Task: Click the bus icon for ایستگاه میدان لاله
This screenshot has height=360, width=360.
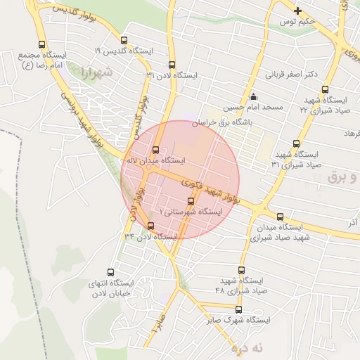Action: tap(155, 150)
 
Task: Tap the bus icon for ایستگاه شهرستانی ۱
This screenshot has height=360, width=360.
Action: tap(191, 201)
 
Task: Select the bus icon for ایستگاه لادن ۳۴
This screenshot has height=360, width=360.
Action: tap(150, 226)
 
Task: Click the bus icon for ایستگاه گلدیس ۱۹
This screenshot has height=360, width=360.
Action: tap(124, 41)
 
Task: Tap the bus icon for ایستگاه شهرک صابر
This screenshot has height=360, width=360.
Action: tap(238, 309)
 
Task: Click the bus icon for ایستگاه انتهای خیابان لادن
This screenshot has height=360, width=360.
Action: tap(110, 272)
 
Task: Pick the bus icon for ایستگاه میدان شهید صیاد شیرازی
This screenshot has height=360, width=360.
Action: tap(281, 217)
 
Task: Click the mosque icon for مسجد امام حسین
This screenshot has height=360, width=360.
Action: tap(253, 97)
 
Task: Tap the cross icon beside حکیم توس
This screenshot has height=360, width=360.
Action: tap(297, 11)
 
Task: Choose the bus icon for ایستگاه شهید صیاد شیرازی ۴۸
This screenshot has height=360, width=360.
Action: tap(241, 271)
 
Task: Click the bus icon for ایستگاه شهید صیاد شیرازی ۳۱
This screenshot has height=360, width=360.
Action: tap(296, 143)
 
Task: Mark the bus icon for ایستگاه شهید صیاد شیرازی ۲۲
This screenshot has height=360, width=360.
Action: tap(325, 89)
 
